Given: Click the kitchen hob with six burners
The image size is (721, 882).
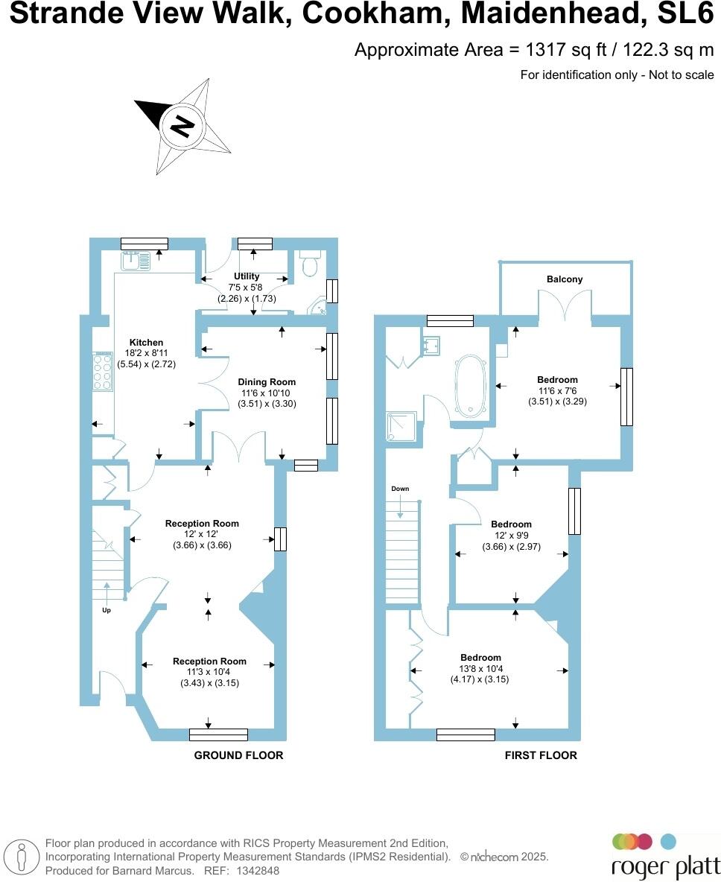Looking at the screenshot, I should pyautogui.click(x=101, y=372).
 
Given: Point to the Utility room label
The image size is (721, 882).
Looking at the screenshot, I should pyautogui.click(x=247, y=276).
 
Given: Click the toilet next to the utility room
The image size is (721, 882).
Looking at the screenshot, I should pyautogui.click(x=310, y=263).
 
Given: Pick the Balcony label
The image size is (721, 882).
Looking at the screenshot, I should pyautogui.click(x=565, y=279).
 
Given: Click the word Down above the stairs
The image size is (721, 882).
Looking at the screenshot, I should pyautogui.click(x=400, y=489).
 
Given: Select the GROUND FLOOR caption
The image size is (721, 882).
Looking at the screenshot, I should pyautogui.click(x=238, y=755).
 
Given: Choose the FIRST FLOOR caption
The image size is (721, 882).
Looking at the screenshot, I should pyautogui.click(x=541, y=755).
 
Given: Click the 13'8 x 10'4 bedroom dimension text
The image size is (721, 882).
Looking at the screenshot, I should pyautogui.click(x=480, y=669).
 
